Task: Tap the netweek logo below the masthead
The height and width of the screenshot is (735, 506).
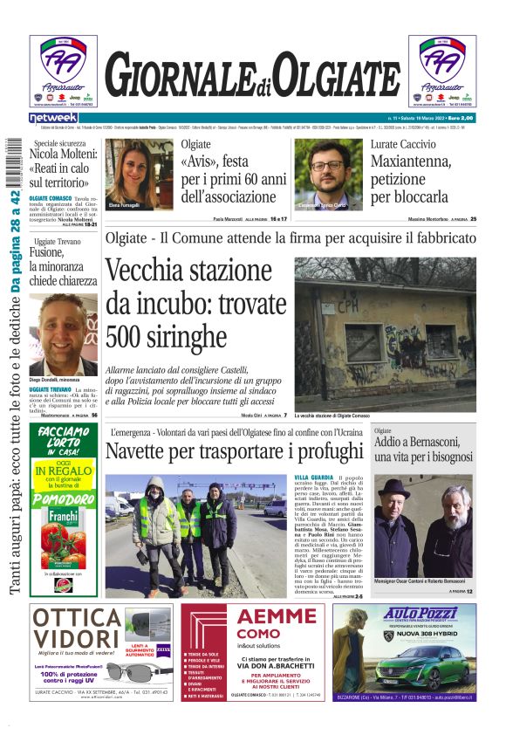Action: pyautogui.click(x=53, y=117)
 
